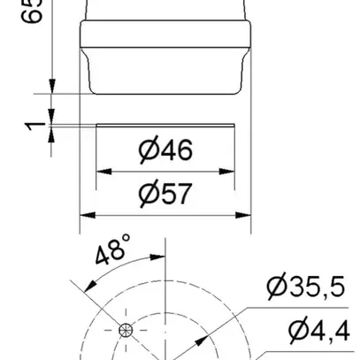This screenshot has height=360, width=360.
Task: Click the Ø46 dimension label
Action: (165, 150)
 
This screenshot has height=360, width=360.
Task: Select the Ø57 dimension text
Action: (165, 193)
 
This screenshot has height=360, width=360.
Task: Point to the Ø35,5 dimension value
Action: (306, 287)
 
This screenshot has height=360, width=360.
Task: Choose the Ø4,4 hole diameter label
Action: (318, 330)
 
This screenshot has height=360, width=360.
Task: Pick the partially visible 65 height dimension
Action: (36, 12)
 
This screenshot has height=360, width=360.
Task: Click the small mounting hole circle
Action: (125, 331)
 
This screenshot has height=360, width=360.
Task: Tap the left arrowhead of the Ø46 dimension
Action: (100, 171)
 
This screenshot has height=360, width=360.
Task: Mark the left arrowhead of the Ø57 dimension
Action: (85, 213)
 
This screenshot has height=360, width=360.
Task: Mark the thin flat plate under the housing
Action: (165, 126)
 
